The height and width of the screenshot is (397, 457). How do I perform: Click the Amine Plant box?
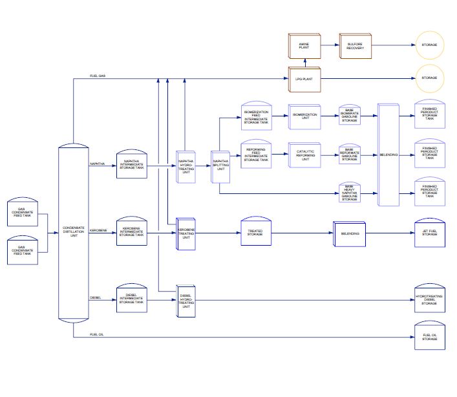pos(304,45)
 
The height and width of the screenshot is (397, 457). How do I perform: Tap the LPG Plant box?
pos(304,78)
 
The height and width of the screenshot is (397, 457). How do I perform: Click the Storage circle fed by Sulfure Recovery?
pos(429,45)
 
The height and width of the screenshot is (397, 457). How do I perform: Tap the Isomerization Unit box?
pos(305,116)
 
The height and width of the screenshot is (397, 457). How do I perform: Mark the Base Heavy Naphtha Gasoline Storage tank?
pos(350,193)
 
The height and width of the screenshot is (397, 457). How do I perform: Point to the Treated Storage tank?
pos(255,231)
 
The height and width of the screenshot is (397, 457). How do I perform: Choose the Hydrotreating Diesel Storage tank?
pos(429,299)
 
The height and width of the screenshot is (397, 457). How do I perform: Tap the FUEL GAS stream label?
pos(98,76)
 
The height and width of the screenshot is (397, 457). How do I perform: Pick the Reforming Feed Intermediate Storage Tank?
pos(256,153)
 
